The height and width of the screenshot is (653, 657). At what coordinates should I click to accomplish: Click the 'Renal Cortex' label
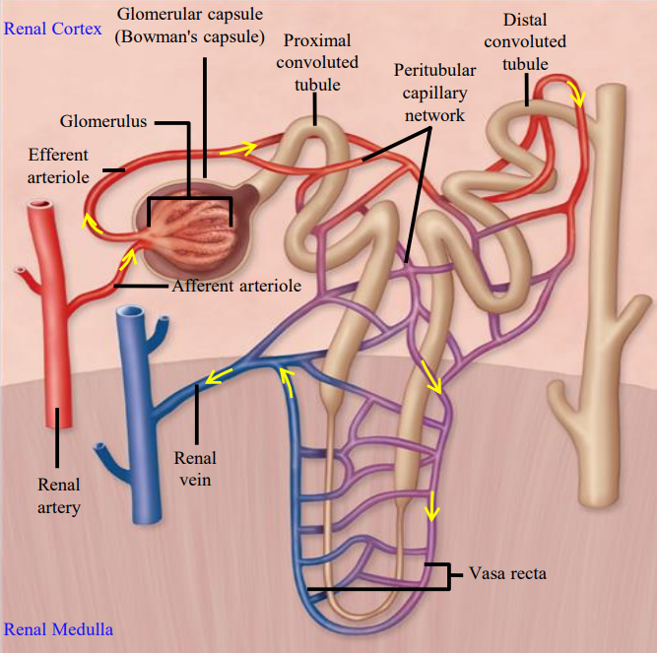[52, 29]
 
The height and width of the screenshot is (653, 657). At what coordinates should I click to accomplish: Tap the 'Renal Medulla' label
[58, 629]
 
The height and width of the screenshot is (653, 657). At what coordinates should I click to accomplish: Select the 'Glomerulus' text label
[103, 121]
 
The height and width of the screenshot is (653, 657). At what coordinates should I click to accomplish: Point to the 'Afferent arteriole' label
[236, 286]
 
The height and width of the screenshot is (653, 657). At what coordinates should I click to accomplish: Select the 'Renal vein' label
[195, 469]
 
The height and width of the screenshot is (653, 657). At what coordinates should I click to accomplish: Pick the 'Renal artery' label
[59, 495]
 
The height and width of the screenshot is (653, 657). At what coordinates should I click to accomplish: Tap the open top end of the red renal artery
[41, 208]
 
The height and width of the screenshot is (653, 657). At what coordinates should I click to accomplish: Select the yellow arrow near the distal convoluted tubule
[581, 97]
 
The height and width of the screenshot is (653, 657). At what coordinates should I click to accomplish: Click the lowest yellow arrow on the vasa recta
[428, 510]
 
